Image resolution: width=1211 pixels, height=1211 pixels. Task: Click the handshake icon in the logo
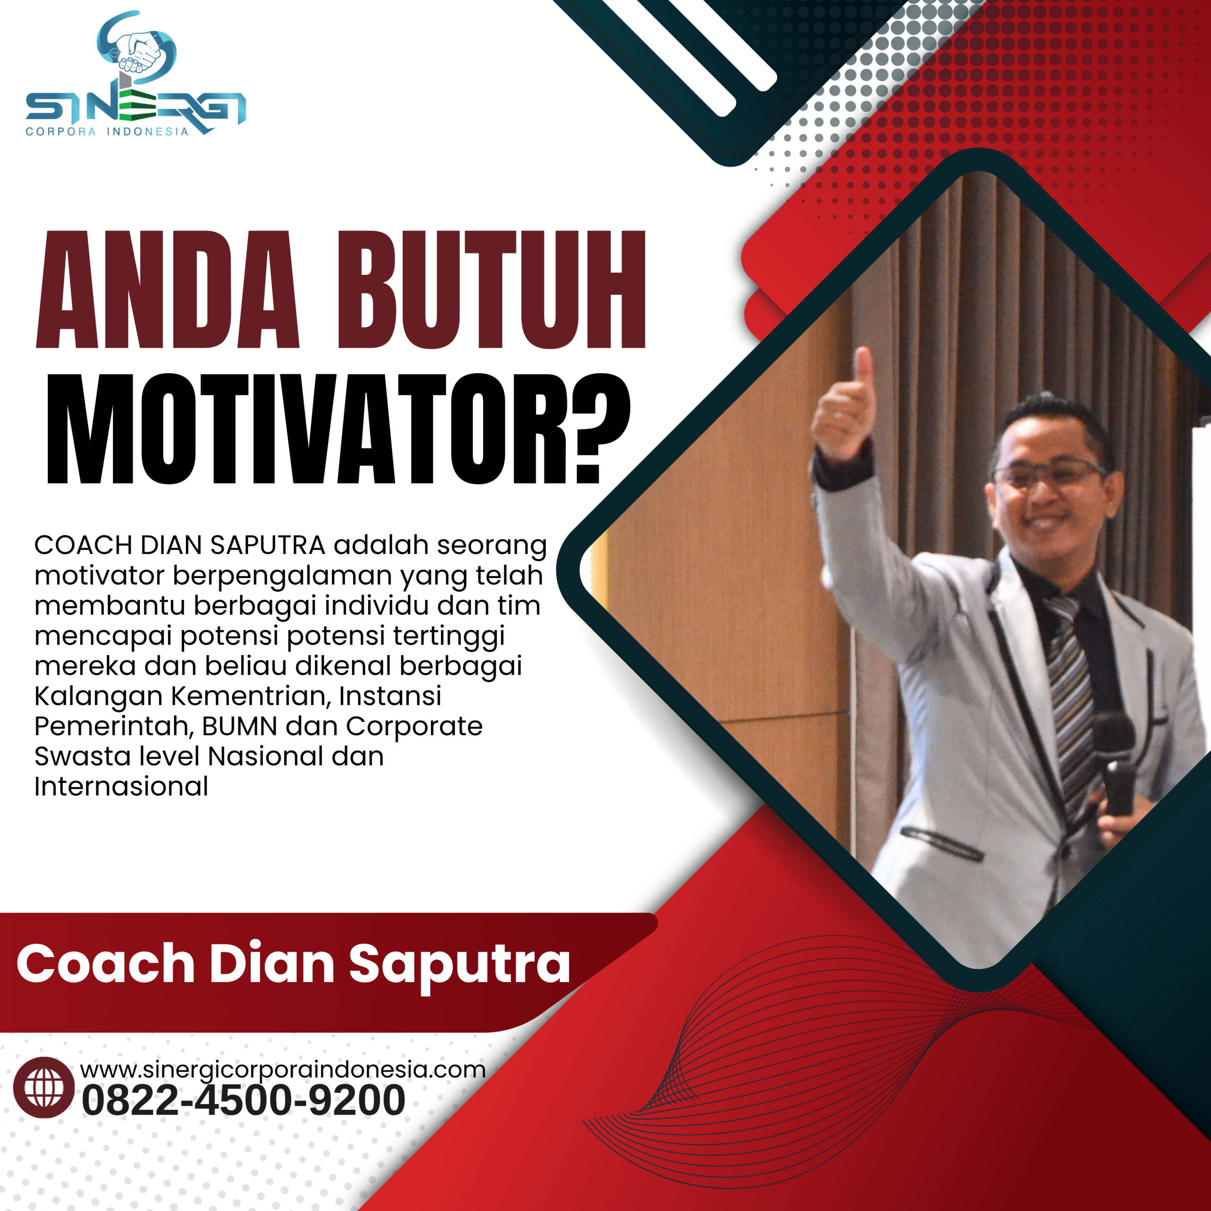tap(139, 50)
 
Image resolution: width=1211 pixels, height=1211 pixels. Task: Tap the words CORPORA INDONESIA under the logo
tap(106, 132)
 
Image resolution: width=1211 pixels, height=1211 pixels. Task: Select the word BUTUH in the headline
tap(491, 290)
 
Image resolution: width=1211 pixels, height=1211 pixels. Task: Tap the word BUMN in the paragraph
tap(239, 727)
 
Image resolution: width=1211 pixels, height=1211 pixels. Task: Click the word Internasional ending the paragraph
tap(121, 787)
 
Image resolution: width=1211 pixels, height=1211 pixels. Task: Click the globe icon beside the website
tap(44, 1088)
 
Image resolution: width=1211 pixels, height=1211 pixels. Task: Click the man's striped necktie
tap(1071, 690)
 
